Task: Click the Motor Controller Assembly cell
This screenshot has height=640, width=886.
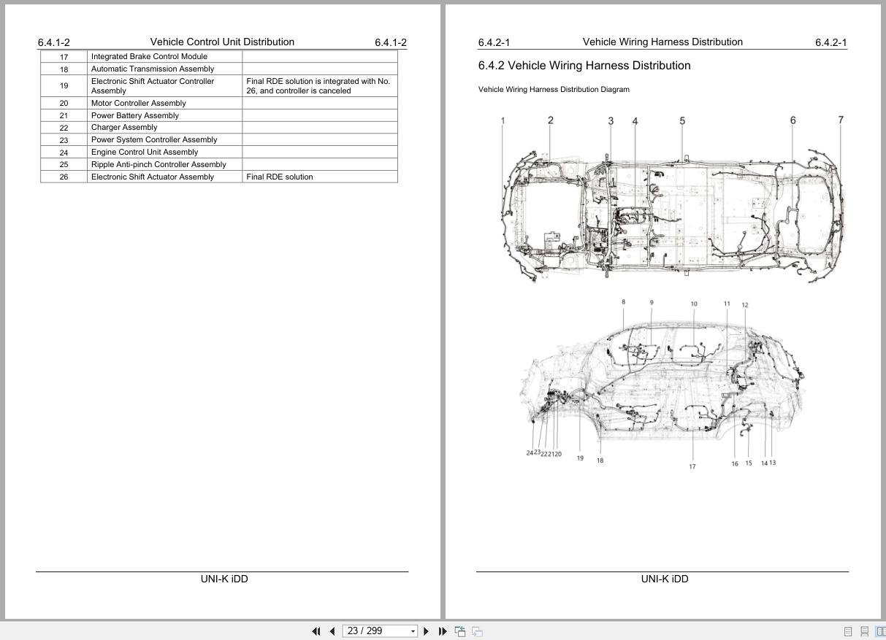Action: pyautogui.click(x=139, y=104)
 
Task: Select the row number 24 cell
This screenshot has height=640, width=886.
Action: pyautogui.click(x=64, y=153)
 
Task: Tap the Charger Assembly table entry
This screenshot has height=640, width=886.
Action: pyautogui.click(x=124, y=128)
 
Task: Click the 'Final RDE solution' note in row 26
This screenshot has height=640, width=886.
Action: pyautogui.click(x=280, y=177)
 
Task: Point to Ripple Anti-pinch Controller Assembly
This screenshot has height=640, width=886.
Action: pyautogui.click(x=159, y=165)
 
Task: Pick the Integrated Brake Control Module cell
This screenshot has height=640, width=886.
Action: pyautogui.click(x=149, y=57)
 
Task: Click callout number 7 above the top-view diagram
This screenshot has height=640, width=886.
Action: pyautogui.click(x=841, y=120)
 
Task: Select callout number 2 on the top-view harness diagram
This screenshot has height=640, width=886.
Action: pyautogui.click(x=551, y=120)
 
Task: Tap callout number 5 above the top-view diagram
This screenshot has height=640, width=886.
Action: pyautogui.click(x=682, y=121)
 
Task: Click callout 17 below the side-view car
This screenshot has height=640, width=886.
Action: pyautogui.click(x=692, y=466)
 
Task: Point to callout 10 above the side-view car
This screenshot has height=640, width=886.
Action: pyautogui.click(x=694, y=304)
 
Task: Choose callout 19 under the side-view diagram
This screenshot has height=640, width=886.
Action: pyautogui.click(x=580, y=458)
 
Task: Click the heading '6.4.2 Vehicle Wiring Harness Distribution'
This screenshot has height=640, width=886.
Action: pyautogui.click(x=584, y=66)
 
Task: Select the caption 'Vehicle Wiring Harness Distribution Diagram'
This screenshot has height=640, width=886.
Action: pyautogui.click(x=554, y=90)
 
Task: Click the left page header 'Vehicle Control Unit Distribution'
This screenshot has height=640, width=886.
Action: pyautogui.click(x=222, y=42)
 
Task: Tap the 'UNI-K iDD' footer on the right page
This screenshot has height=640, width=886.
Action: pyautogui.click(x=665, y=579)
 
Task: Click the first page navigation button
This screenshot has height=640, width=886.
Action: pyautogui.click(x=316, y=631)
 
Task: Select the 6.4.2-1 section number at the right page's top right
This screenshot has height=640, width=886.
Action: pyautogui.click(x=830, y=43)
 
